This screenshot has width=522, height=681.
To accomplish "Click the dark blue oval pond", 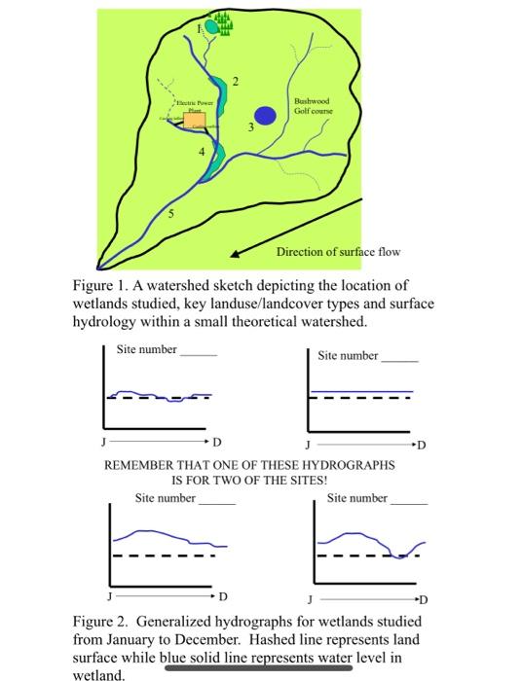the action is point(268,115).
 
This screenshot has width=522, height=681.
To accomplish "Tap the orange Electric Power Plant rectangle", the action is point(195,120).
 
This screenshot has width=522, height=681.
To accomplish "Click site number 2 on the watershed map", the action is point(234,80).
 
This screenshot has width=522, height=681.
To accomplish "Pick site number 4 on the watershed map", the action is point(203,153).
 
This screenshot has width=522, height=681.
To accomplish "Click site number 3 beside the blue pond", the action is point(250,127).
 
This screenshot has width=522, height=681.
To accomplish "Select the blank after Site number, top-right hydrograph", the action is point(399,357).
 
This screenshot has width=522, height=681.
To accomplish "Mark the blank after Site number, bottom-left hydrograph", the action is point(217,500).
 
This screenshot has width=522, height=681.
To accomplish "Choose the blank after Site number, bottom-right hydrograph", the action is point(409,500).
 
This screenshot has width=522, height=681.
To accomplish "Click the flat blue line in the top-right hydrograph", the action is point(359,390).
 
